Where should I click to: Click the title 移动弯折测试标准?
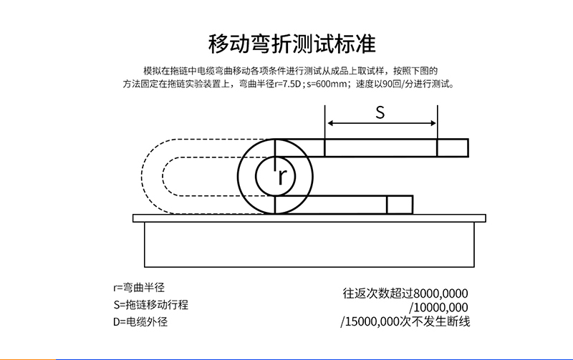tap(292, 44)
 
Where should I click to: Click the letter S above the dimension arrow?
tap(380, 112)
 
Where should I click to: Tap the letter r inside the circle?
tap(281, 177)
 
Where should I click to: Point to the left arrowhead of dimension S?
tap(330, 123)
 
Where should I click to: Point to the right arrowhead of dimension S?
tap(433, 123)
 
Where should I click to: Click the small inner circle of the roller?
tap(256, 177)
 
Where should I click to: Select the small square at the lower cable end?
tap(400, 205)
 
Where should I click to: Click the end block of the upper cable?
tap(453, 148)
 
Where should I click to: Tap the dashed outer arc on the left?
tap(141, 177)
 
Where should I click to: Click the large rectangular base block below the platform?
tap(309, 245)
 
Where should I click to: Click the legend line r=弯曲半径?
tap(139, 288)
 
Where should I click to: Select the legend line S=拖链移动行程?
tap(151, 304)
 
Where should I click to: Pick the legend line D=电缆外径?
tap(140, 321)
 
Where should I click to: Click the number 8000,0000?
tap(441, 293)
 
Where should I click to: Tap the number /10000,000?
tap(438, 308)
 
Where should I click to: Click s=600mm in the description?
tap(327, 84)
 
